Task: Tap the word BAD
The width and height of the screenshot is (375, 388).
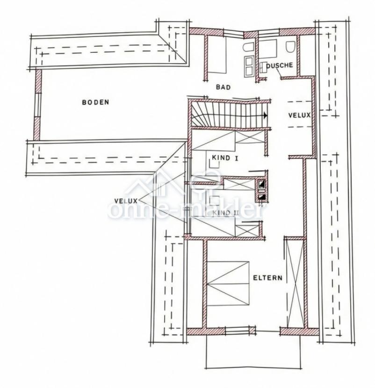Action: (223, 87)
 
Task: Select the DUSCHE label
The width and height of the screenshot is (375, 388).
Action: (281, 65)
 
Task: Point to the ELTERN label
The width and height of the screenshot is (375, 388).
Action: (267, 278)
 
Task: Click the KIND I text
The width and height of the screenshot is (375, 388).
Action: (225, 158)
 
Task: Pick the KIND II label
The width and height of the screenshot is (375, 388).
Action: (226, 213)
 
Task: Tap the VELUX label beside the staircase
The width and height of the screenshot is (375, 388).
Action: (299, 115)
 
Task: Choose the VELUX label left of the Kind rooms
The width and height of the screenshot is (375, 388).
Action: (126, 201)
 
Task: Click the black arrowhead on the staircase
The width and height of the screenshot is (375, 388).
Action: (265, 115)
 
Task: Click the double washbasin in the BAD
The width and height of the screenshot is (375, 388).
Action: (249, 66)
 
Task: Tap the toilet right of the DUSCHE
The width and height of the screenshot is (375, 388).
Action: (290, 47)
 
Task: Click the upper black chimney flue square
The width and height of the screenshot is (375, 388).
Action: (262, 185)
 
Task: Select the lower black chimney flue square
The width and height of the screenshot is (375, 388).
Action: (262, 197)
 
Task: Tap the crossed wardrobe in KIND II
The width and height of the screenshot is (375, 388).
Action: (248, 230)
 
